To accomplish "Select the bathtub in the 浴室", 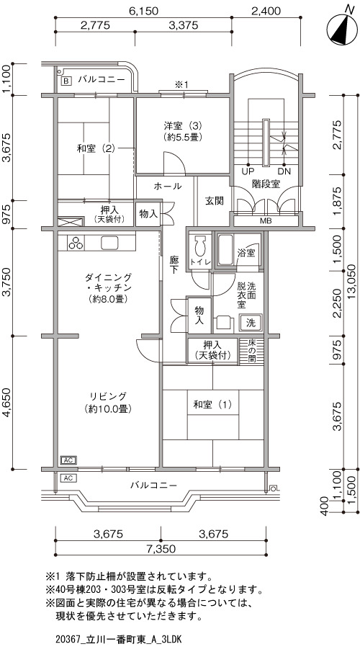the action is click(x=225, y=250).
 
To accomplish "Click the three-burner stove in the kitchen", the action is click(x=76, y=243).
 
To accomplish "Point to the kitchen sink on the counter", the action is click(x=110, y=243).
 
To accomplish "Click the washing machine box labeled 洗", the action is click(x=251, y=323).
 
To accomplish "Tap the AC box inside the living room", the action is click(x=68, y=460).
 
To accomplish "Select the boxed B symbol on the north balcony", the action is click(x=66, y=81).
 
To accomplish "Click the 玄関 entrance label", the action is click(x=214, y=201).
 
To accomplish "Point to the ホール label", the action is click(x=168, y=186).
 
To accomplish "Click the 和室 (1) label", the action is click(x=212, y=405).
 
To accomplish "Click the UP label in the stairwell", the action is click(x=248, y=171).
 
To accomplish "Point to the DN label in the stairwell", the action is click(x=284, y=171).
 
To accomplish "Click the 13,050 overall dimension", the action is click(x=353, y=280).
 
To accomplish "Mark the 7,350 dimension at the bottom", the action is click(x=161, y=548).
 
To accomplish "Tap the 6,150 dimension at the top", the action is click(x=143, y=11).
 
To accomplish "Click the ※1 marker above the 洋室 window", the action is click(x=182, y=84).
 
